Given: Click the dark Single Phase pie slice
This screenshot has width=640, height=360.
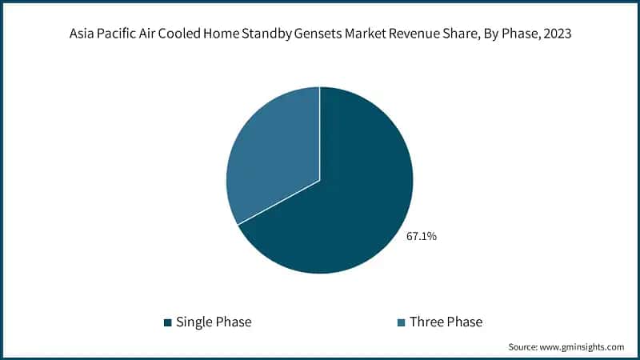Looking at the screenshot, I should click(352, 200).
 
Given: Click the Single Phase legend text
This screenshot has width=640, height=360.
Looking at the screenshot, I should click(214, 322).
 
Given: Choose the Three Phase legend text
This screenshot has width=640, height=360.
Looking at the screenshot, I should click(446, 322).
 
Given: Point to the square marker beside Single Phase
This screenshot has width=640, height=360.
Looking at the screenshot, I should click(167, 322).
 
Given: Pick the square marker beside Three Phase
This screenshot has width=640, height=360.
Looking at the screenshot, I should click(401, 322).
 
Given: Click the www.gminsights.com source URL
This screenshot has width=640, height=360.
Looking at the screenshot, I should click(583, 346).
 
